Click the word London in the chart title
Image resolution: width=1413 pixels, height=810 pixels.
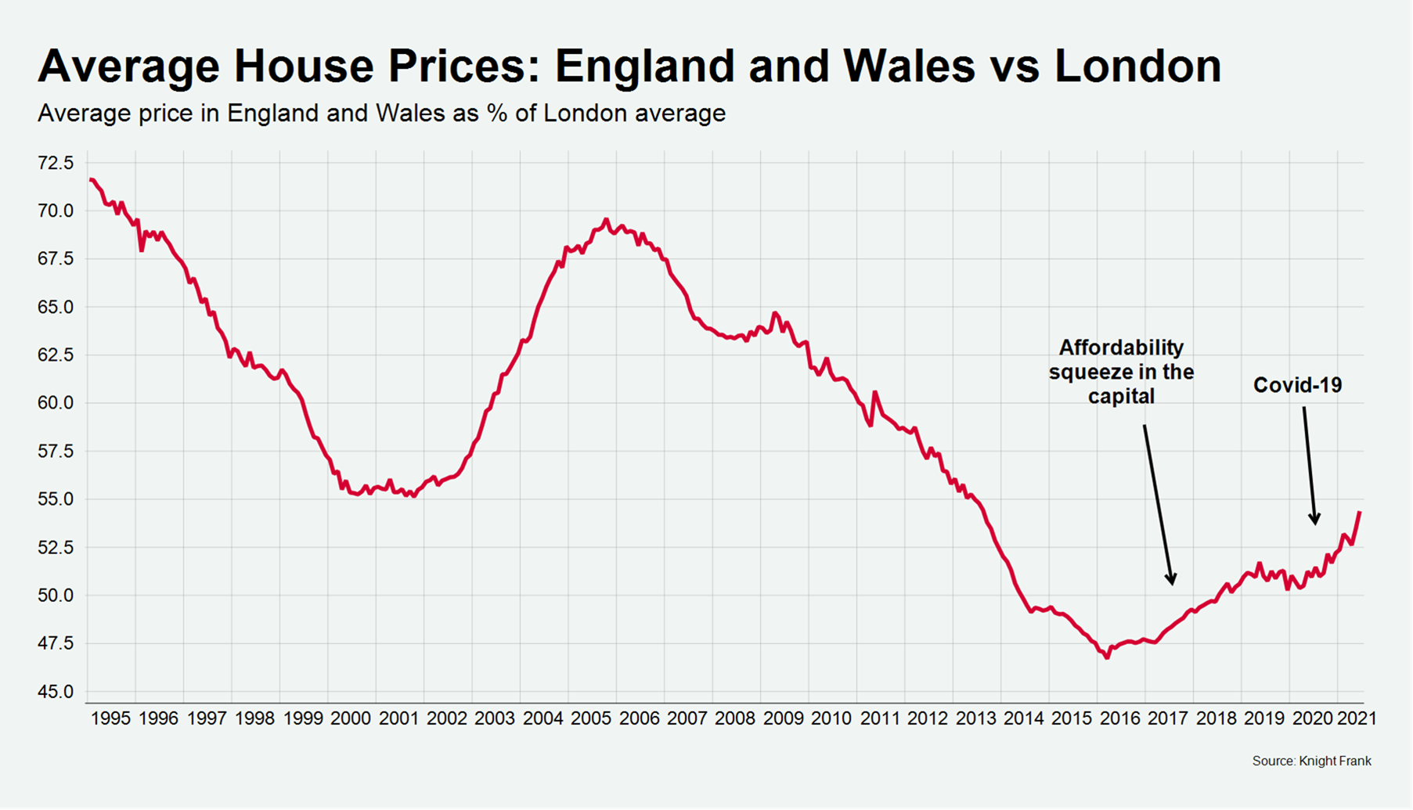click(x=1137, y=66)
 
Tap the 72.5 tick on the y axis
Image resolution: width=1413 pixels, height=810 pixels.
click(x=56, y=163)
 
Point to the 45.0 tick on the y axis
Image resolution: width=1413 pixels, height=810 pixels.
click(x=56, y=692)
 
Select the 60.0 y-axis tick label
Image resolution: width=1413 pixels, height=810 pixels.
click(x=56, y=403)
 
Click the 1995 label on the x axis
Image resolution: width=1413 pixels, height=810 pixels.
click(x=110, y=718)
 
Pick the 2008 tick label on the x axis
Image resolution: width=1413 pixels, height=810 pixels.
click(x=735, y=718)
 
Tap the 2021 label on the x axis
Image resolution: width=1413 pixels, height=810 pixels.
click(x=1357, y=718)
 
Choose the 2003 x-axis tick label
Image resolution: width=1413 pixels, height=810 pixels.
click(x=495, y=718)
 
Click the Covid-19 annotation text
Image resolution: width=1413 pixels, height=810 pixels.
click(x=1297, y=385)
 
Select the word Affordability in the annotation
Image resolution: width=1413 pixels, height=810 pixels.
click(x=1121, y=347)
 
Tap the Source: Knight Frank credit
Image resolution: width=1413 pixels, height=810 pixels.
click(x=1311, y=761)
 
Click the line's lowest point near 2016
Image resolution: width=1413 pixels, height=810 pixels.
click(x=1107, y=657)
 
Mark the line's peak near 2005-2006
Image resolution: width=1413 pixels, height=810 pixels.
click(x=606, y=220)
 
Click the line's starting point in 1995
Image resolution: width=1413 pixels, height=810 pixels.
click(x=91, y=180)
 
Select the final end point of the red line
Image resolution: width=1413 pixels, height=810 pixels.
click(x=1360, y=513)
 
